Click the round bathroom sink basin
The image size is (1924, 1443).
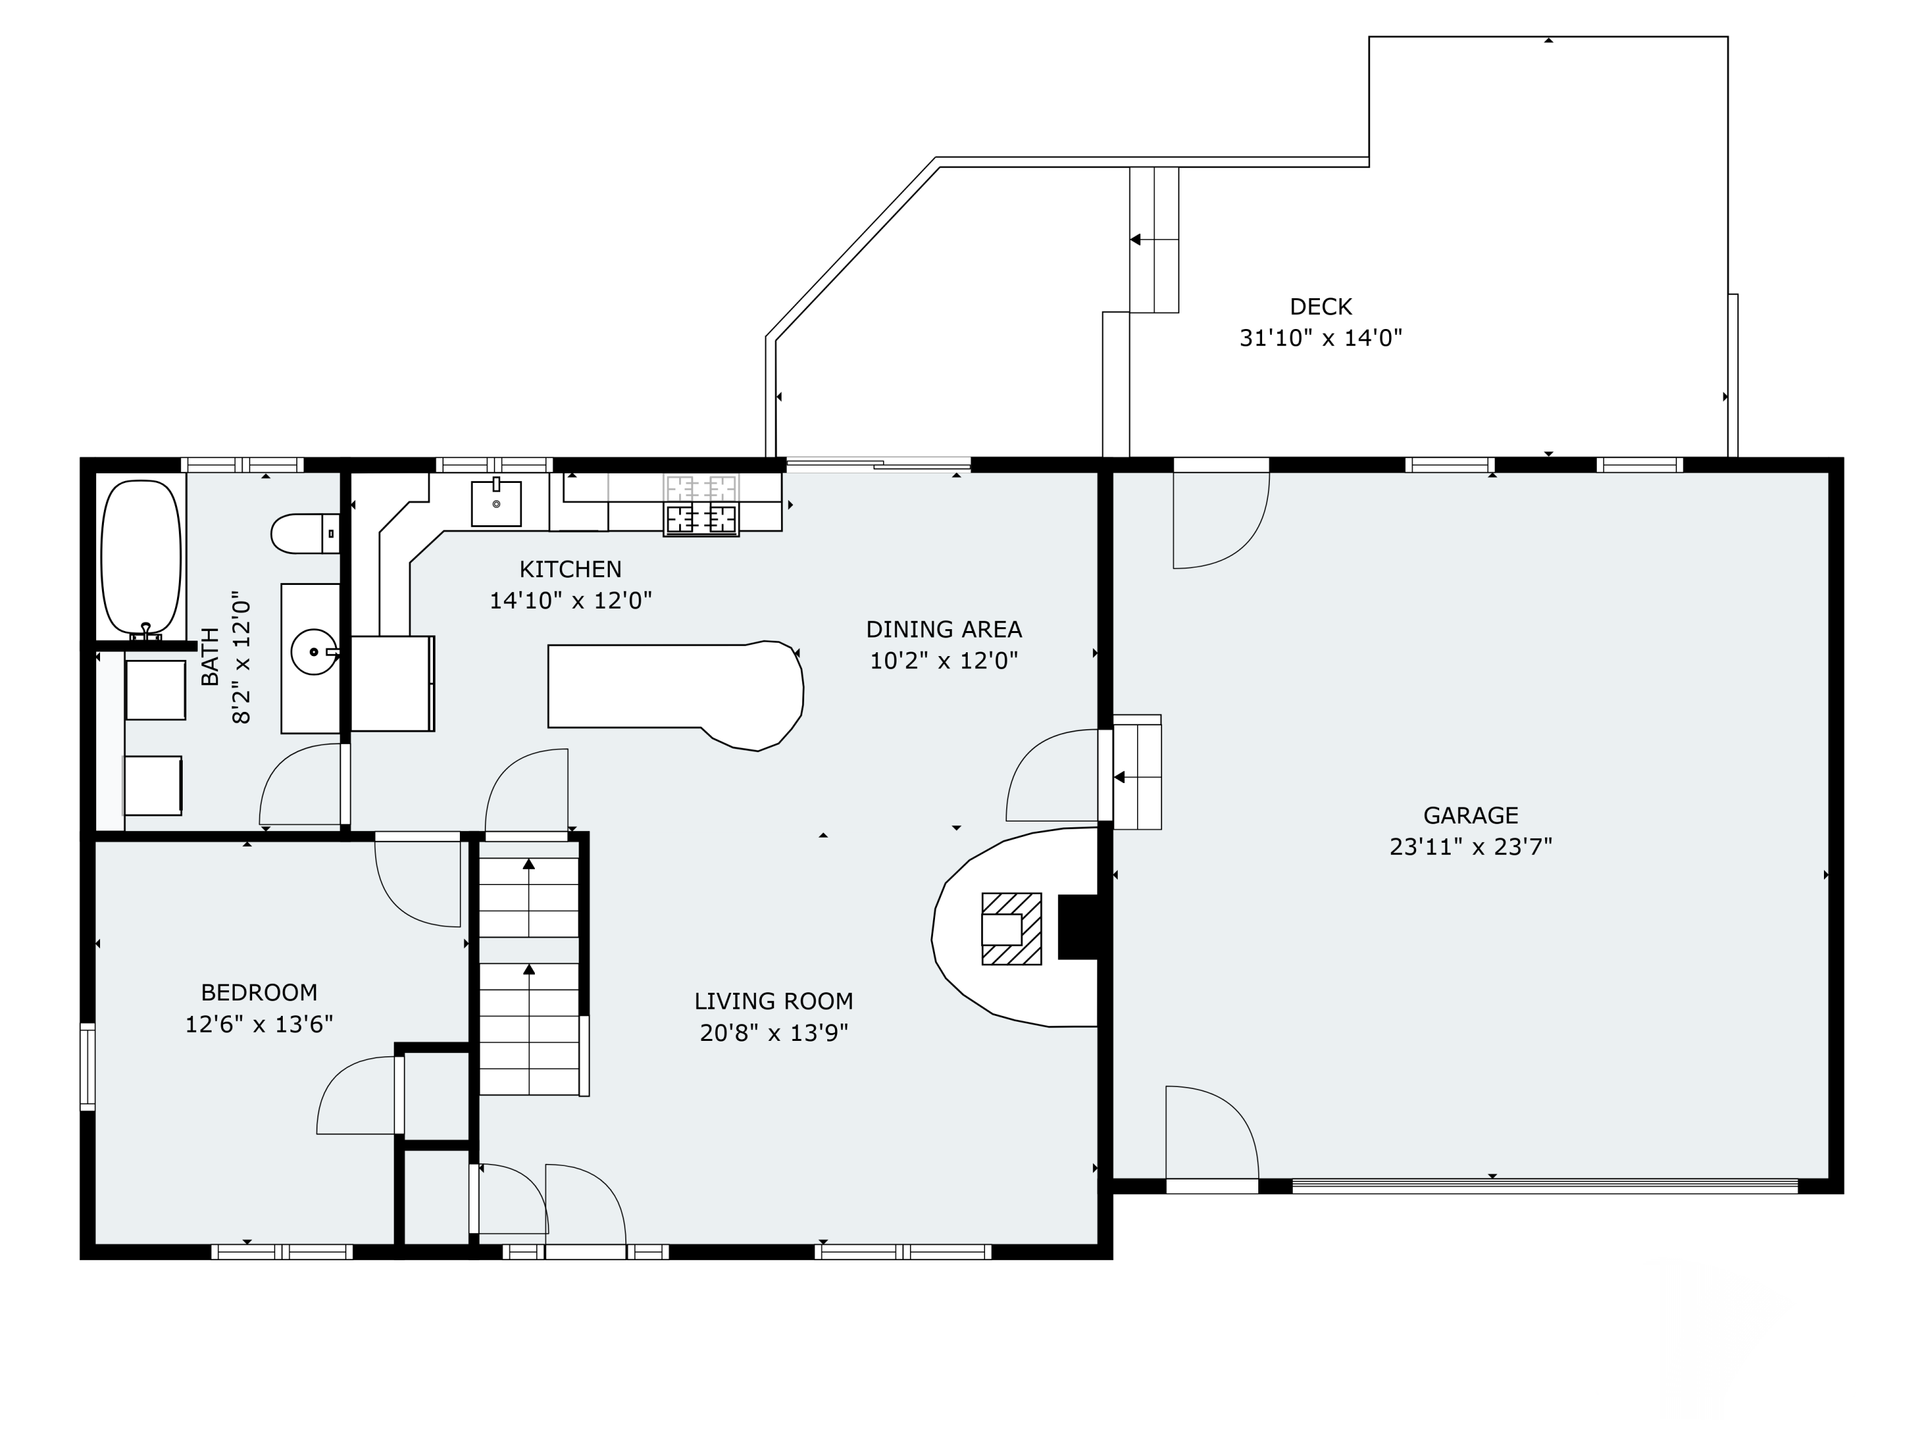click(x=313, y=652)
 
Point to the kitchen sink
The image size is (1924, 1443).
click(x=496, y=503)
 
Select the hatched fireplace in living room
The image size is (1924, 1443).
click(x=1011, y=928)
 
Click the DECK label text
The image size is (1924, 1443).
click(x=1321, y=307)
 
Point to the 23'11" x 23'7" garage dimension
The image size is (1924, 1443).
click(x=1470, y=847)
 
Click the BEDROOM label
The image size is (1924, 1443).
click(x=258, y=992)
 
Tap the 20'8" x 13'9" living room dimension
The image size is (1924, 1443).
click(x=773, y=1033)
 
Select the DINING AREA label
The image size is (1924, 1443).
click(x=944, y=629)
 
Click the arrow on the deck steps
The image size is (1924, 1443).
click(x=1136, y=239)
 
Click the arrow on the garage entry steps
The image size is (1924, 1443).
click(x=1120, y=777)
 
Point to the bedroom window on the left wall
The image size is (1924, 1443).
click(x=87, y=1067)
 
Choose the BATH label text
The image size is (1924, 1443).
click(x=210, y=657)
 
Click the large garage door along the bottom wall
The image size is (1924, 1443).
click(x=1544, y=1186)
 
